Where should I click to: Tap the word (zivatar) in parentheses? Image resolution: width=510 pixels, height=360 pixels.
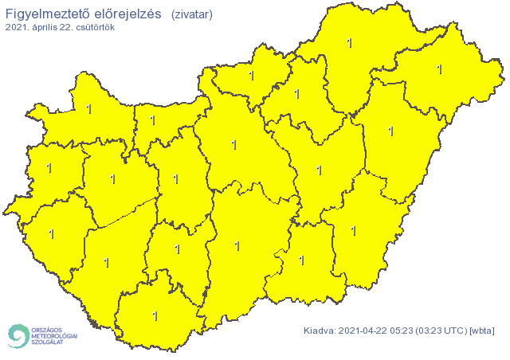click(x=192, y=14)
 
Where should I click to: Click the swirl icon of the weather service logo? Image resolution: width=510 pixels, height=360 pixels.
click(x=18, y=335)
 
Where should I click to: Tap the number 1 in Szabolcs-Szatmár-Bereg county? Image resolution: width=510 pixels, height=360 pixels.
click(x=440, y=69)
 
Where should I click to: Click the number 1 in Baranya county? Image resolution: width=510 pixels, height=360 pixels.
click(x=155, y=316)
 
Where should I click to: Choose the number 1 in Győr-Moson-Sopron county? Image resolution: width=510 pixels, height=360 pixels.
click(x=88, y=109)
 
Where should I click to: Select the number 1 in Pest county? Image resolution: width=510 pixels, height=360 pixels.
click(x=233, y=145)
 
